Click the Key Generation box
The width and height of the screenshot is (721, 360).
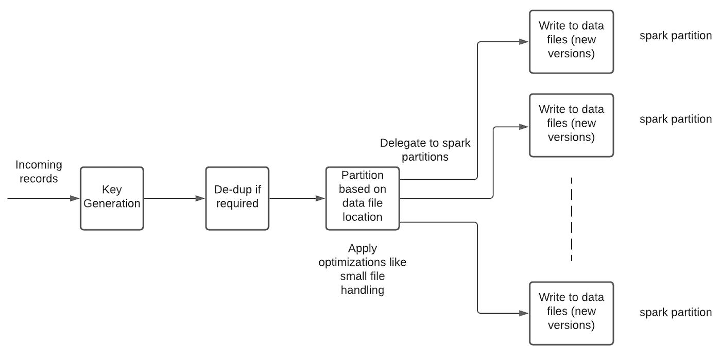112,198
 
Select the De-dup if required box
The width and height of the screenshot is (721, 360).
237,198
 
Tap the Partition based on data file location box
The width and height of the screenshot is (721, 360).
363,198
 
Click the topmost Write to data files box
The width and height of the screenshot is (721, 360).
571,42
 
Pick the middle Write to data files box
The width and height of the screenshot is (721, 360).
571,125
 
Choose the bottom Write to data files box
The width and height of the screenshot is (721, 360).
571,313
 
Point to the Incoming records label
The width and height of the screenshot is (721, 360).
39,172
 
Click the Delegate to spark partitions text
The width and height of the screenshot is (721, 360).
425,149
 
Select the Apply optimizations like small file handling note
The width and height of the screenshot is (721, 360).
363,269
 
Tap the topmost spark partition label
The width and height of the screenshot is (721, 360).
675,37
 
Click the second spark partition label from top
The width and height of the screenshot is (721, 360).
675,119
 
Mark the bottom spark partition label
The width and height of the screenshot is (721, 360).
675,312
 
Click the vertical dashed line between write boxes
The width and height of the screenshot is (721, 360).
571,219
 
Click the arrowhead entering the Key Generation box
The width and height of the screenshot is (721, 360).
75,198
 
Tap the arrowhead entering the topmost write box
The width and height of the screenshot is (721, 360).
524,42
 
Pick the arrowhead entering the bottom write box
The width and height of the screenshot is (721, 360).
524,313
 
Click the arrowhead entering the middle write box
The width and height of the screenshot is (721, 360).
524,126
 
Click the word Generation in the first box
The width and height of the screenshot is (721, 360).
112,204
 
